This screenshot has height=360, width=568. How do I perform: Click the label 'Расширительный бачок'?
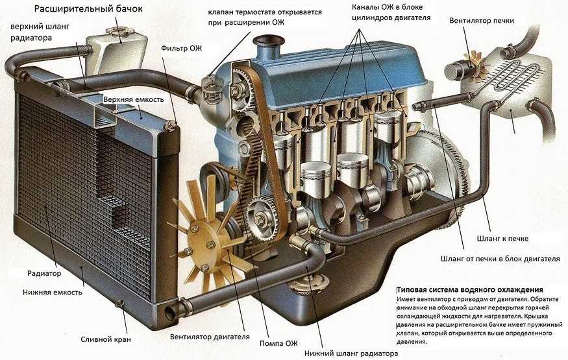[87, 9]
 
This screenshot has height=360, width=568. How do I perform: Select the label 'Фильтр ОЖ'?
[181, 47]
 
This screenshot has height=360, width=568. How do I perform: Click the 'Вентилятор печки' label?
[486, 20]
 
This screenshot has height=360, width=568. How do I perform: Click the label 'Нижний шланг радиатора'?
[351, 354]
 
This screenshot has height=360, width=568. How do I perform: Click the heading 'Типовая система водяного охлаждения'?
[469, 289]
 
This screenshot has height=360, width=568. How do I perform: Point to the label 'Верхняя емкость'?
[134, 99]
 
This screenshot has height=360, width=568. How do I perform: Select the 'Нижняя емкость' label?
[52, 293]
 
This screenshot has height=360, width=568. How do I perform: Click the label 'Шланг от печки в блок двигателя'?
[500, 259]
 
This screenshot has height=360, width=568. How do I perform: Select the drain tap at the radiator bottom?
[120, 304]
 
